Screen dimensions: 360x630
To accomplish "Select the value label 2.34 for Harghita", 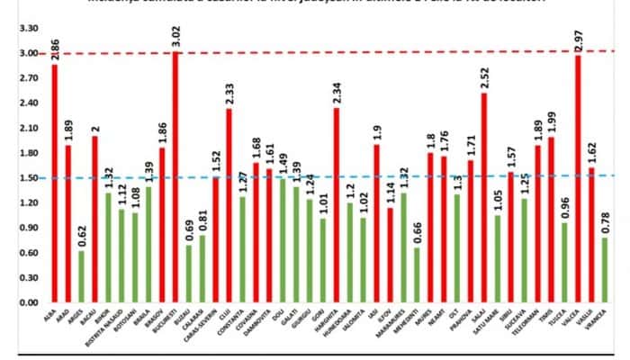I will (337, 90).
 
